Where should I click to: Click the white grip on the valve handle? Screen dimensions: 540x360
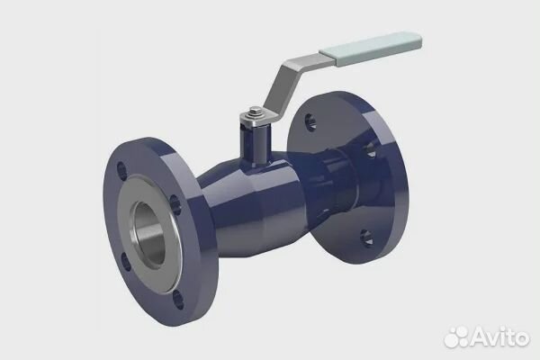pos(371,49)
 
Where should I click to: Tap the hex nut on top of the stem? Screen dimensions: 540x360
pos(256,112)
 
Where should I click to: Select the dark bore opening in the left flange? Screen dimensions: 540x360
pos(148,234)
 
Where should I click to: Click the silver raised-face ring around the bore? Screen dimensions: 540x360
pos(148,234)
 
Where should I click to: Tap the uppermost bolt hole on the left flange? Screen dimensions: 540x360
pos(121,171)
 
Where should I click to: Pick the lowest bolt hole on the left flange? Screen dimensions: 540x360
pos(178,300)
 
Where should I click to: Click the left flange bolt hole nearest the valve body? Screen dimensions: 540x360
pos(175,204)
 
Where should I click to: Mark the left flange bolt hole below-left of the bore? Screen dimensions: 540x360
pos(126,262)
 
